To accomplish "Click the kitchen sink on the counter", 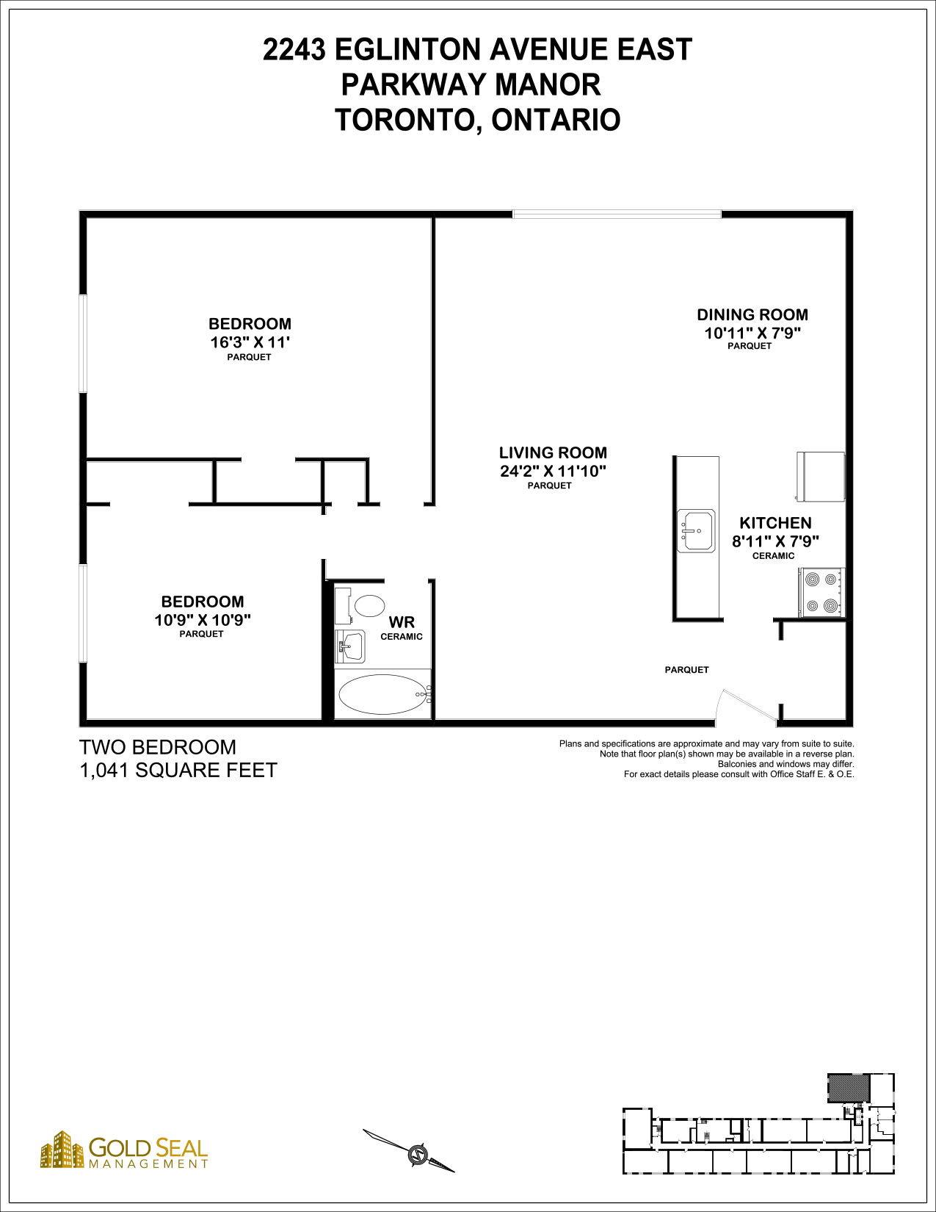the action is coord(696,530).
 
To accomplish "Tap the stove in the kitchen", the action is coord(822,592).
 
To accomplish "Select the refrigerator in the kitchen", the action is coord(821,476).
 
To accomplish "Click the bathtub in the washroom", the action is coord(383,694).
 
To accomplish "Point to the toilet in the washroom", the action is coord(360,605).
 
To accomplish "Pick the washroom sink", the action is coord(349,646).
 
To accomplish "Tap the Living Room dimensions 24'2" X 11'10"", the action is coord(553,472).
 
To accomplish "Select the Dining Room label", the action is coord(752,314).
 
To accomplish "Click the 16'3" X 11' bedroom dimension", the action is coord(250,342).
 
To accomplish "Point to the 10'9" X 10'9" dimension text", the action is coord(203,620).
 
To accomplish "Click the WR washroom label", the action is coord(402,622).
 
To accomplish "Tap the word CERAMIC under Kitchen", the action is coord(773,555).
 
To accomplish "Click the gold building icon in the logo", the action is coord(62,1150).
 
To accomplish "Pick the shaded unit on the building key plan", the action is coord(848,1088).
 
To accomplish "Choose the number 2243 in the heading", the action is coord(294,50).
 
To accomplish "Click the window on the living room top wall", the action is coord(617,214).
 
